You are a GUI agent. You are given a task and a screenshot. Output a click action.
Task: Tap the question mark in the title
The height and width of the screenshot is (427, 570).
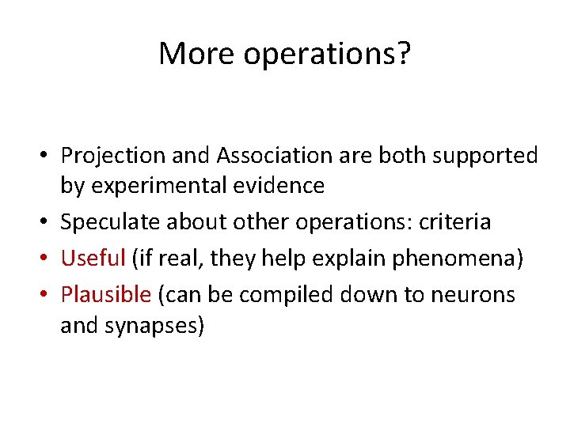coord(404,54)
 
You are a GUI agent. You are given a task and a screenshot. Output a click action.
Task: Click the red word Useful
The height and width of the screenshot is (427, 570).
coord(93,259)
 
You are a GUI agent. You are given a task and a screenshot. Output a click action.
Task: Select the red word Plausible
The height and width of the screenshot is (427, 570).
coord(105,295)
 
